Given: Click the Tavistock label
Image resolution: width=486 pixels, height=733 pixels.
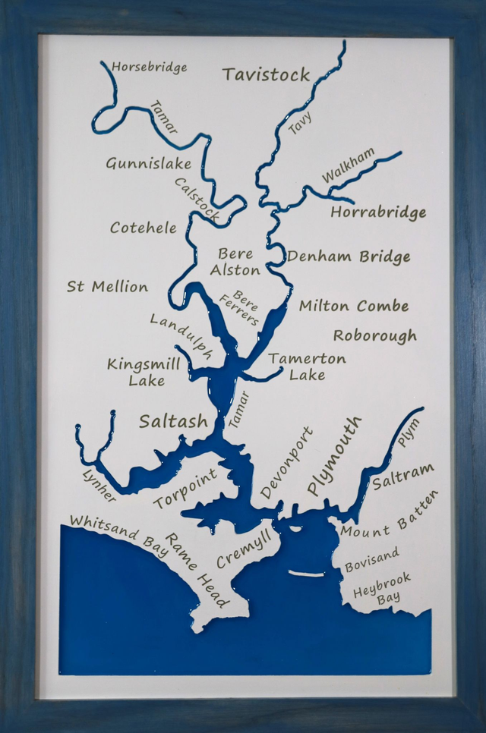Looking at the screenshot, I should click(266, 74).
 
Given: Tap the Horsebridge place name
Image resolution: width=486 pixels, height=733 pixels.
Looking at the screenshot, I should click(149, 68).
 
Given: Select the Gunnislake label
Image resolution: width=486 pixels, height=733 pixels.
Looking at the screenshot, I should click(148, 164).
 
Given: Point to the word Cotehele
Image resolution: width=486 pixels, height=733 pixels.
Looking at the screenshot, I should click(143, 228).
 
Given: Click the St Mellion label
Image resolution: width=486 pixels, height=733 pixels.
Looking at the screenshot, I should click(107, 287).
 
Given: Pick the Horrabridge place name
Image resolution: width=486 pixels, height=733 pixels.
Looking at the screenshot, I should click(377, 212).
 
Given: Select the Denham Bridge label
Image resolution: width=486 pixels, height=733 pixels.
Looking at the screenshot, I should click(348, 256).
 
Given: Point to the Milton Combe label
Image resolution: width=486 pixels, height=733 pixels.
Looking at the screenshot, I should click(353, 307).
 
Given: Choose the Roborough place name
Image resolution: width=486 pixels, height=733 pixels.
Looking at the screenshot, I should click(374, 335).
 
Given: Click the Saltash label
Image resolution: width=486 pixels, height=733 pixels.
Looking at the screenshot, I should click(172, 422).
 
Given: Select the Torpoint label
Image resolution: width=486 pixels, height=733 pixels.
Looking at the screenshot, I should click(185, 488).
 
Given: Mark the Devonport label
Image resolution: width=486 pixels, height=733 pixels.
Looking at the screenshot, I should click(286, 462).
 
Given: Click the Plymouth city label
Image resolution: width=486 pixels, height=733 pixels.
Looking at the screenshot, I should click(334, 456).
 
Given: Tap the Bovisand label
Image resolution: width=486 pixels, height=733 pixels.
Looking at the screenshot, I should click(371, 560).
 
